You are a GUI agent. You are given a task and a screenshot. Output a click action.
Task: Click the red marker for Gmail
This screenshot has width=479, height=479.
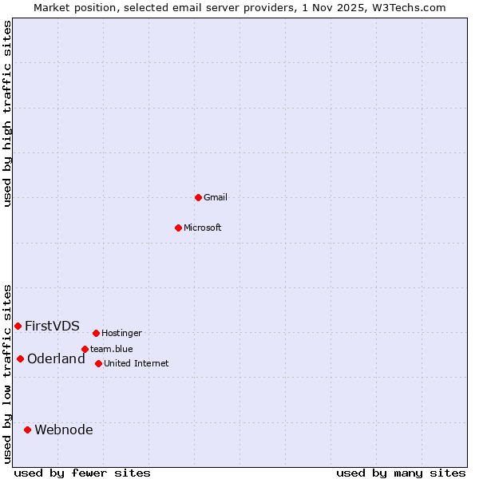198,197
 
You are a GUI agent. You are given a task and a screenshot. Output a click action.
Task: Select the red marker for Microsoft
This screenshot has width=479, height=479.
178,228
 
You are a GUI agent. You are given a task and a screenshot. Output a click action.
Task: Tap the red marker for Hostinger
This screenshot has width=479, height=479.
96,333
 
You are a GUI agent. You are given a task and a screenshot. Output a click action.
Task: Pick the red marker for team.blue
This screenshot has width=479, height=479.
85,349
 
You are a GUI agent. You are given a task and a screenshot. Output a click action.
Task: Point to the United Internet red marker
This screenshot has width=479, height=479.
98,363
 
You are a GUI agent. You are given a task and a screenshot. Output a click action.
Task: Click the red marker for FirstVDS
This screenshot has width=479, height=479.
18,326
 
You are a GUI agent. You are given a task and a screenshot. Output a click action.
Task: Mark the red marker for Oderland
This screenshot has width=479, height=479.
20,358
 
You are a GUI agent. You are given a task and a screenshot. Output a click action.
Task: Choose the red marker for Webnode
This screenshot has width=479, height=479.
27,430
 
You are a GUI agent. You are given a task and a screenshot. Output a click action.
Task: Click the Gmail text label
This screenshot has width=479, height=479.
216,197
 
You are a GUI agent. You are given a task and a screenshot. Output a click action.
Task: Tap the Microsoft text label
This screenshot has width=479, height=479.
203,228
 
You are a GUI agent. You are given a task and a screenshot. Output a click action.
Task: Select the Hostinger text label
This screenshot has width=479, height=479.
121,333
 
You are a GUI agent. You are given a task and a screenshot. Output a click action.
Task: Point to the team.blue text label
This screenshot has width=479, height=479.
112,349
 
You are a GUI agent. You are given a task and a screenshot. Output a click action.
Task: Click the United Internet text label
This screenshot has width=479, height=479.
137,363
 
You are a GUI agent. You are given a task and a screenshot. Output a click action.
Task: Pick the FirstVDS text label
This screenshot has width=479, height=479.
52,326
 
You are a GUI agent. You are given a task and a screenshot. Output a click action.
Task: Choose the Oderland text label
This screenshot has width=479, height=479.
56,358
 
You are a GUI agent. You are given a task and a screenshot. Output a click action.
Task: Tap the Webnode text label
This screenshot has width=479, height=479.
64,430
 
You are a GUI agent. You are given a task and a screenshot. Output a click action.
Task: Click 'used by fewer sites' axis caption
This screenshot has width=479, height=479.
82,473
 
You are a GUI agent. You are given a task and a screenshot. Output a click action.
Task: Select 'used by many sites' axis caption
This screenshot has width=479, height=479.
401,473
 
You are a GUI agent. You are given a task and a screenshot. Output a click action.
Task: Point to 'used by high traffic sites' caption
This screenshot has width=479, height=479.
8,113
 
